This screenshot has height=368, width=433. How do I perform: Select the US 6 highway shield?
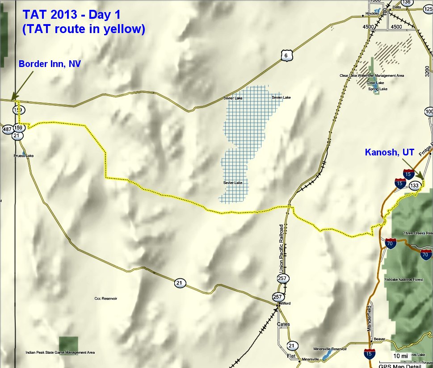(x=285, y=55)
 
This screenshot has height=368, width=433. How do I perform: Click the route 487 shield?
(x=7, y=129)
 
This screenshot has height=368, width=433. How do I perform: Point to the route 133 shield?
(x=414, y=186)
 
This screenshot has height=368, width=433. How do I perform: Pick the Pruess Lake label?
(x=24, y=156)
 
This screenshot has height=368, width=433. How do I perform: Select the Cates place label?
(x=283, y=324)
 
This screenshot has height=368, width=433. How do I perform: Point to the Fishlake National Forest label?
(x=404, y=280)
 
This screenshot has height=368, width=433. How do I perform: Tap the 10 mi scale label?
(x=400, y=355)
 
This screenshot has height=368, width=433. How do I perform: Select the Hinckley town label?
(x=372, y=13)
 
